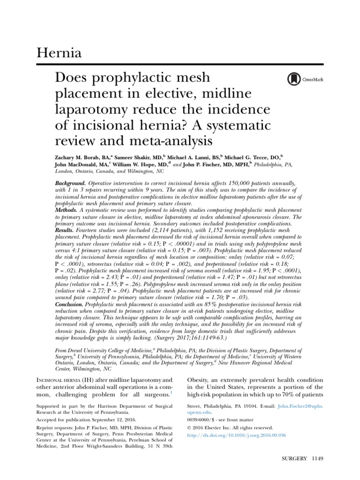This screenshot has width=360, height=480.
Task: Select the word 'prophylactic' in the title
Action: [x=158, y=78]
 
